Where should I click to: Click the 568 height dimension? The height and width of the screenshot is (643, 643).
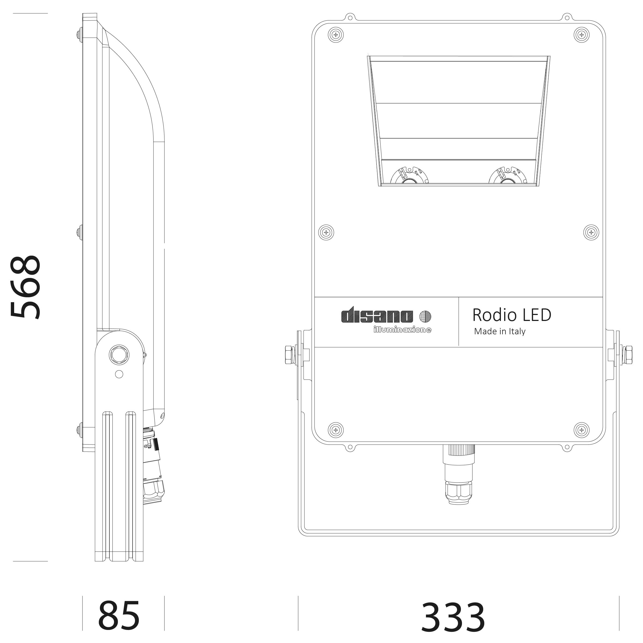[25, 287]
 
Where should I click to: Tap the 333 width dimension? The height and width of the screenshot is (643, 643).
[453, 617]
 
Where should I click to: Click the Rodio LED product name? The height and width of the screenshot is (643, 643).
[512, 315]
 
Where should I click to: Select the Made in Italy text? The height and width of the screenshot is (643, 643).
[500, 332]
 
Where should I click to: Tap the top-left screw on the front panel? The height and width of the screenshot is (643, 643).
[336, 35]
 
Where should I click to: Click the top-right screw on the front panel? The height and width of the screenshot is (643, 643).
[581, 35]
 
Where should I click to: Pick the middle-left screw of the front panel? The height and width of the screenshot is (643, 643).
[326, 232]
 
